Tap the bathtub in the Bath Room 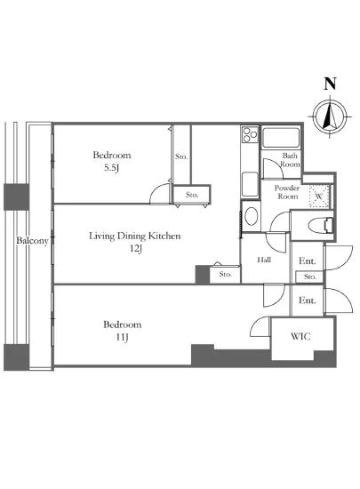point(281,137)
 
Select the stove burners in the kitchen point(250,134)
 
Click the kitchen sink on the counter point(250,184)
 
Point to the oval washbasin point(252,216)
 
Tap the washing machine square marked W point(319,196)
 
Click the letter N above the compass point(331,84)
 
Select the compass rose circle point(330,116)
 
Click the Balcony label point(32,241)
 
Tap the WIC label point(300,336)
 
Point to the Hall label point(264,260)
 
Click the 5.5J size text point(112,168)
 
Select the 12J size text point(136,249)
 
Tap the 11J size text point(122,337)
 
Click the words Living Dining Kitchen point(135,236)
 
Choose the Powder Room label point(287,192)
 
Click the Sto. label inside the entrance point(310,277)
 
